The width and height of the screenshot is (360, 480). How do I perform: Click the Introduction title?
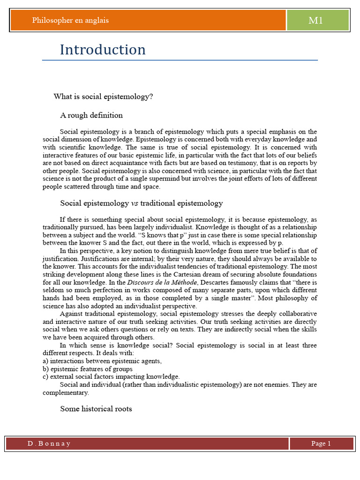103,50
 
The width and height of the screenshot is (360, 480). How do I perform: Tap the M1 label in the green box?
315,20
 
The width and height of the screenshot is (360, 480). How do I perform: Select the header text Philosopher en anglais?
70,20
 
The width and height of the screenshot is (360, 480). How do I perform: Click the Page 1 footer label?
321,443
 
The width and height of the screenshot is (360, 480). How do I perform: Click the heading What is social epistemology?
104,97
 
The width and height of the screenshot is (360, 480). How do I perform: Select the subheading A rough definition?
91,115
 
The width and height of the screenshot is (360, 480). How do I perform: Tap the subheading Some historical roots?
96,409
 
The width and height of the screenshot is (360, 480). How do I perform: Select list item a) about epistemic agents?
102,361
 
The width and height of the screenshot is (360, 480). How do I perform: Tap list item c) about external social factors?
111,376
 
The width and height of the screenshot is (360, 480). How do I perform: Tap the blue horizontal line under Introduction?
180,60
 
